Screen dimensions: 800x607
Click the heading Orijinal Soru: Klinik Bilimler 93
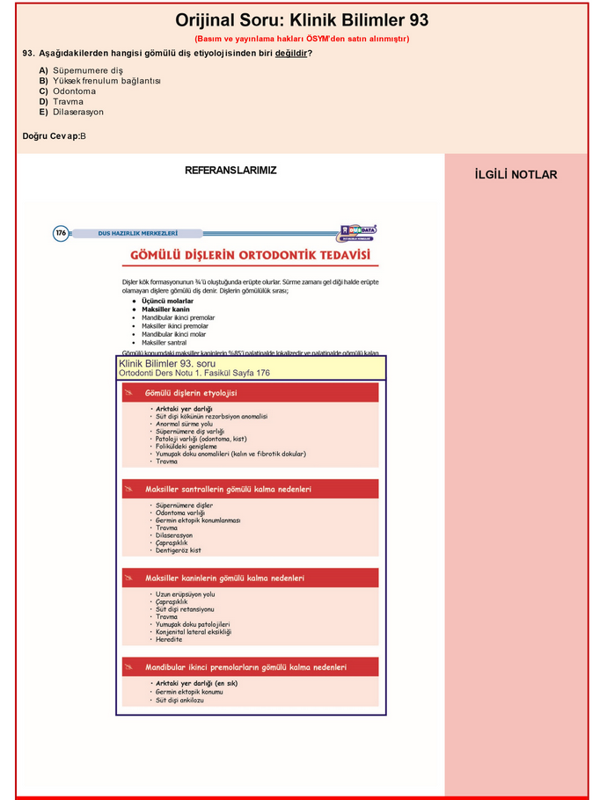pyautogui.click(x=302, y=20)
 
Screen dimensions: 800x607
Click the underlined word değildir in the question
pyautogui.click(x=291, y=54)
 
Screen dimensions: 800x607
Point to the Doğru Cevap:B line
pyautogui.click(x=55, y=135)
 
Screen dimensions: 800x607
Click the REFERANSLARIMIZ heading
pyautogui.click(x=230, y=171)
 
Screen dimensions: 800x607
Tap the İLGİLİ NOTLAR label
pyautogui.click(x=516, y=175)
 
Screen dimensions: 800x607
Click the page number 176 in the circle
pyautogui.click(x=61, y=233)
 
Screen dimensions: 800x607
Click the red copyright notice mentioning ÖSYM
pyautogui.click(x=302, y=39)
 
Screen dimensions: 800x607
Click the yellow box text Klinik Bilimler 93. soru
pyautogui.click(x=167, y=363)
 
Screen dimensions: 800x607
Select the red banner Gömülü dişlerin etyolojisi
pyautogui.click(x=191, y=393)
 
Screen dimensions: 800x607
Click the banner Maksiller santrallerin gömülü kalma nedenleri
pyautogui.click(x=228, y=489)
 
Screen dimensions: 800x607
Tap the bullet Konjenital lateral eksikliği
pyautogui.click(x=193, y=632)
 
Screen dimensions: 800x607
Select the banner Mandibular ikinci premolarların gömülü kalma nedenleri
pyautogui.click(x=245, y=667)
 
